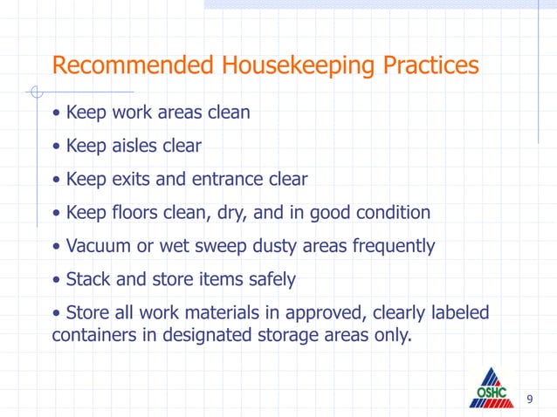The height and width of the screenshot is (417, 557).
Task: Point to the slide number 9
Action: (x=529, y=400)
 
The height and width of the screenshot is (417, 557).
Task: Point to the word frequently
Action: (x=393, y=246)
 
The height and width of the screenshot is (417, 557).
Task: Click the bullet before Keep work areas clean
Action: (x=57, y=113)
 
